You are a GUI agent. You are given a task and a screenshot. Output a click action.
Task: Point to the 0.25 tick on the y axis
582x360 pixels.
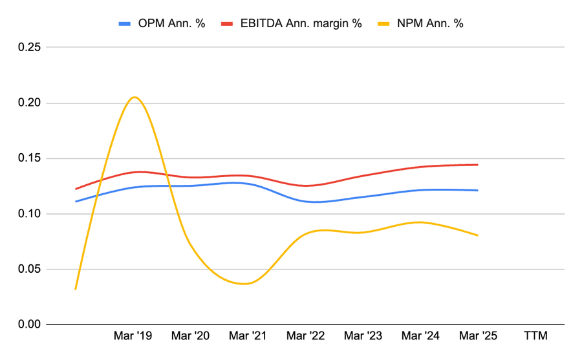28,48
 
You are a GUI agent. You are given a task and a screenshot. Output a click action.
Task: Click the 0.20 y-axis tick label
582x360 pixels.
28,103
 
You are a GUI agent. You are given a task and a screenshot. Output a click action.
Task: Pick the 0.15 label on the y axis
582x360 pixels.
28,158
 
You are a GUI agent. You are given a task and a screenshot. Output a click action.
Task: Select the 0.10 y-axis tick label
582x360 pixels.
28,214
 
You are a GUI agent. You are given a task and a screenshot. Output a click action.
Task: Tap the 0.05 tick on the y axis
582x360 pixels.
28,269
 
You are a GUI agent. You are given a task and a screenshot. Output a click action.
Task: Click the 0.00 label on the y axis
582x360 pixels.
28,324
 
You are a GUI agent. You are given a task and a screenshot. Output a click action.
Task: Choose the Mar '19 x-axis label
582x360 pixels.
133,336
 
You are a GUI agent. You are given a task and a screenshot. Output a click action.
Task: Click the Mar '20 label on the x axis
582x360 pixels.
191,336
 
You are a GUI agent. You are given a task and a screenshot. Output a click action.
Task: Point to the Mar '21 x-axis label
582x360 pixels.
248,336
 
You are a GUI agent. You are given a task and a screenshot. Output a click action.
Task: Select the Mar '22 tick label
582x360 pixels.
306,336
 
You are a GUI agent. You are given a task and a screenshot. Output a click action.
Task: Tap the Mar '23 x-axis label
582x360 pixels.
363,336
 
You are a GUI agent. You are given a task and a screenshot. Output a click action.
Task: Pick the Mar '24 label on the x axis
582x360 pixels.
420,336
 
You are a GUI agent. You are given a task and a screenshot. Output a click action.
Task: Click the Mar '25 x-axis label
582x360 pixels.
478,336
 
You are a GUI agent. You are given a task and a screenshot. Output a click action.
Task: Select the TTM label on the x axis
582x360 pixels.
535,336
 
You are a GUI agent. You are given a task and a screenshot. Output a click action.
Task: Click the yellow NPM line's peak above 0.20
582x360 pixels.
134,98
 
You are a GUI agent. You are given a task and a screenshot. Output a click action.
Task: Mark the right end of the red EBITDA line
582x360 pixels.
478,165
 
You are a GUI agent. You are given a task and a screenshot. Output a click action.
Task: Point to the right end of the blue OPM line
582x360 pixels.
478,190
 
